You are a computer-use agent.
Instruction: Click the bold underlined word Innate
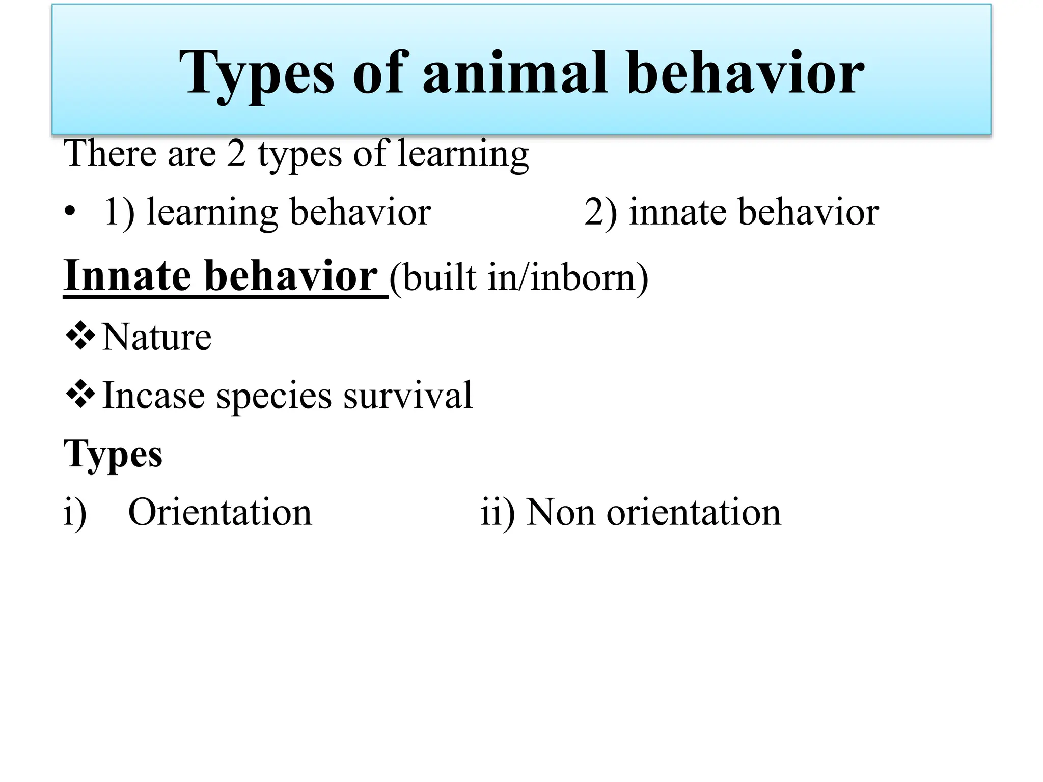tap(128, 275)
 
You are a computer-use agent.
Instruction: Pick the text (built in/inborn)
tap(519, 277)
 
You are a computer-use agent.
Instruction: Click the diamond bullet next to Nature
tap(80, 336)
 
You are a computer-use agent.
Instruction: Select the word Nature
tap(157, 337)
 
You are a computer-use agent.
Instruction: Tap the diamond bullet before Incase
tap(80, 394)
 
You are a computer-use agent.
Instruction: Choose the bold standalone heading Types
tap(113, 454)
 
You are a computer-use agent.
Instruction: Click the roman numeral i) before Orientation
tap(75, 512)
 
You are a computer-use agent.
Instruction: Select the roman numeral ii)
tap(497, 512)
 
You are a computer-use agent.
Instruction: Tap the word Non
tap(560, 512)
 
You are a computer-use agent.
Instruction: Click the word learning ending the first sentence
tap(463, 154)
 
